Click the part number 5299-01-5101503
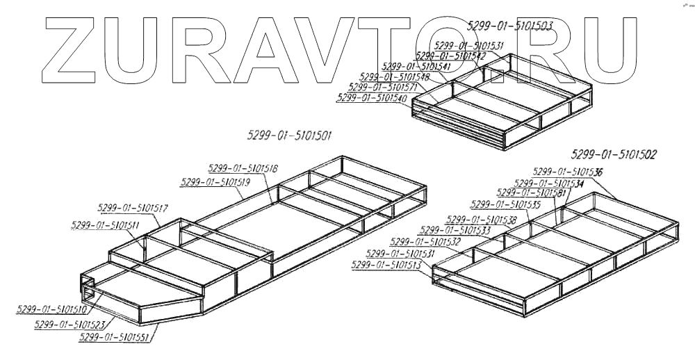tap(510, 26)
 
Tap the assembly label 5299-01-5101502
tap(614, 154)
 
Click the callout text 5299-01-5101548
tap(395, 76)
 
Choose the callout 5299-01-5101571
tap(383, 88)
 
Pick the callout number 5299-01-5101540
tap(371, 99)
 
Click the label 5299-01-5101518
tap(243, 168)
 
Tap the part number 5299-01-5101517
tap(133, 208)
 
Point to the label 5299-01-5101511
tap(105, 224)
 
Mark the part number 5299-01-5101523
tap(69, 324)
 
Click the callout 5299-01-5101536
tap(568, 171)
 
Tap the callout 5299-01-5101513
tap(387, 265)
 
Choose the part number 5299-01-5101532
tap(425, 241)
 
